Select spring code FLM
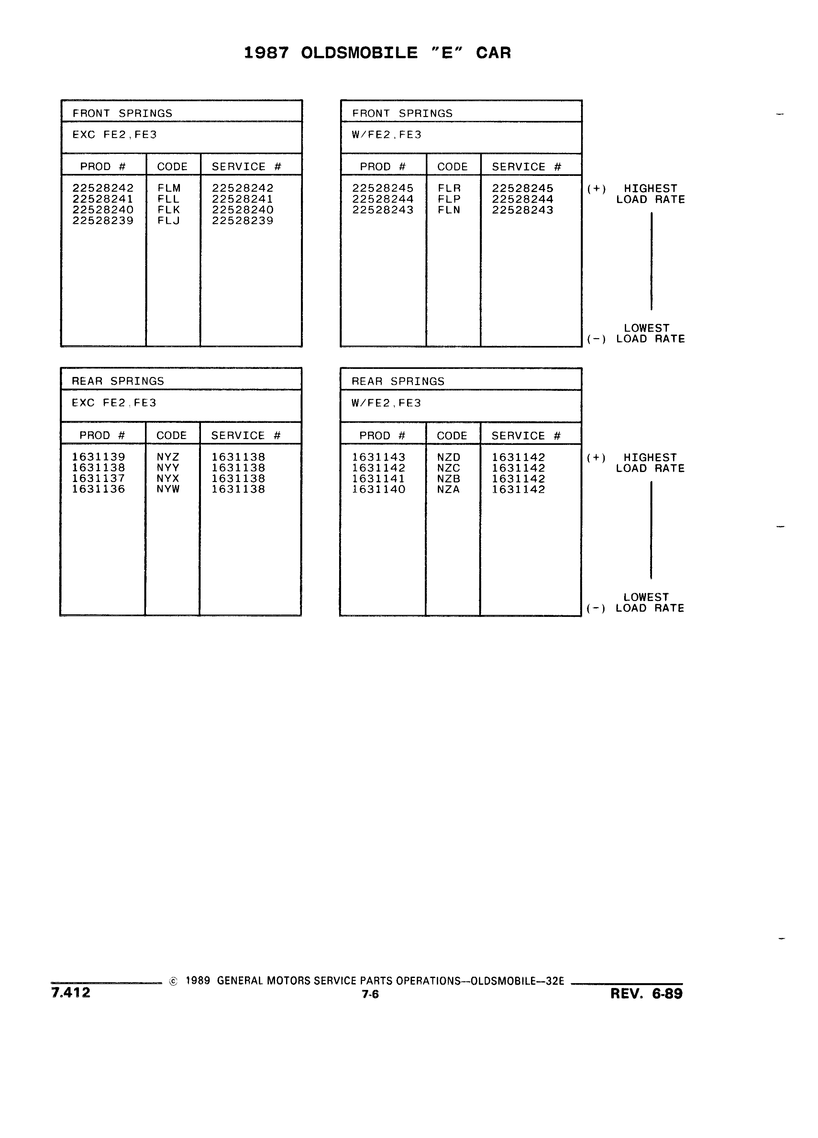169,188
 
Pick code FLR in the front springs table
449,188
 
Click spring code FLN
449,210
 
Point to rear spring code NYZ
168,457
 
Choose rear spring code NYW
168,489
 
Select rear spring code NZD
448,457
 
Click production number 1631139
98,457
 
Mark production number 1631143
379,457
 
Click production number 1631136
98,489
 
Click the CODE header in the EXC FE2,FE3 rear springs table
172,435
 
